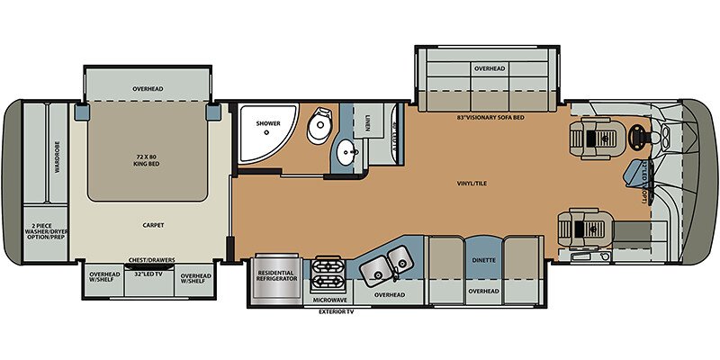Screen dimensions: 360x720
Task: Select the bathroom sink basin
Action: pos(346,154)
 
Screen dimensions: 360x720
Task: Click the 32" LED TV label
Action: pos(148,273)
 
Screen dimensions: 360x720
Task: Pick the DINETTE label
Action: pos(483,260)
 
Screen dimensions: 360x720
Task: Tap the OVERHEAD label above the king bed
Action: pos(148,89)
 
